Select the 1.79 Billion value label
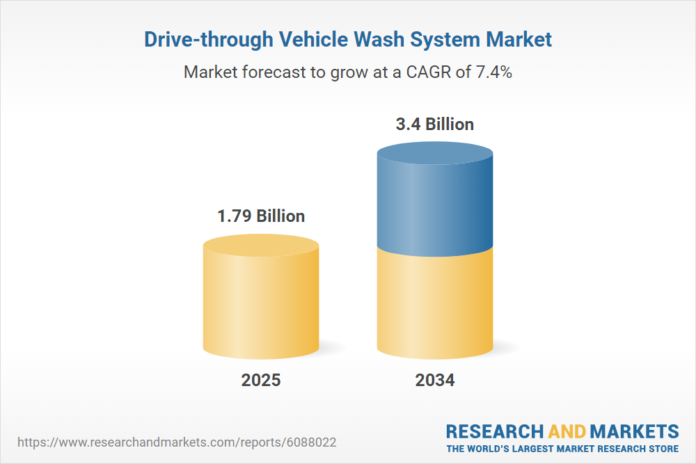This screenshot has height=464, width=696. click(x=261, y=216)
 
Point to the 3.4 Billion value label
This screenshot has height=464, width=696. click(x=435, y=125)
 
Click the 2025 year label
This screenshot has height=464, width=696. click(x=261, y=381)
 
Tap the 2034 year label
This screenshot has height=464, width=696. click(x=435, y=381)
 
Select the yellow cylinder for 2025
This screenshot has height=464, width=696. click(x=261, y=306)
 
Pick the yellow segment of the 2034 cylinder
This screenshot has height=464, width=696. click(x=435, y=306)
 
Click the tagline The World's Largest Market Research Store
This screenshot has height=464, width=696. click(x=562, y=449)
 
